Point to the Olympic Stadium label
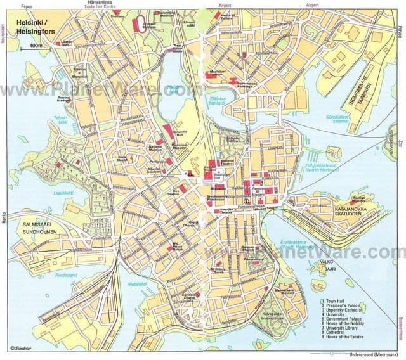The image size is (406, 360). [148, 25]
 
